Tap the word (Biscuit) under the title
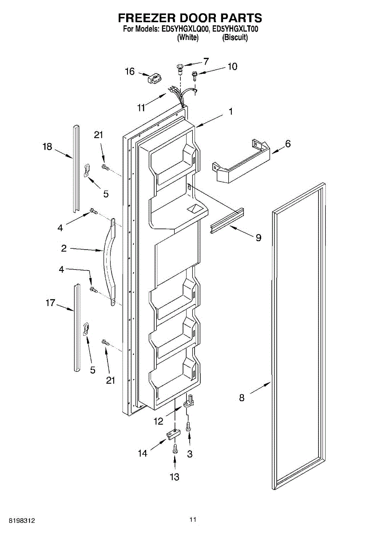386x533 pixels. click(x=235, y=38)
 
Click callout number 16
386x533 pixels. click(x=129, y=71)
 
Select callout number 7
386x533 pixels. click(x=206, y=61)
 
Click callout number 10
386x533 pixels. click(x=232, y=67)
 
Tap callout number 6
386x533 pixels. click(x=288, y=144)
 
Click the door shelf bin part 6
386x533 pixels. click(x=240, y=162)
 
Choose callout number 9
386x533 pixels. click(x=258, y=238)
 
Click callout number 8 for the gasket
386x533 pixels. click(x=242, y=398)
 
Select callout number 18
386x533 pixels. click(x=48, y=147)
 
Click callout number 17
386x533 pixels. click(x=50, y=303)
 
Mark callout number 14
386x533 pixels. click(x=142, y=453)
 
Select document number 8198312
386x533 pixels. click(x=18, y=520)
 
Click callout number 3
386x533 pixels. click(x=190, y=453)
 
